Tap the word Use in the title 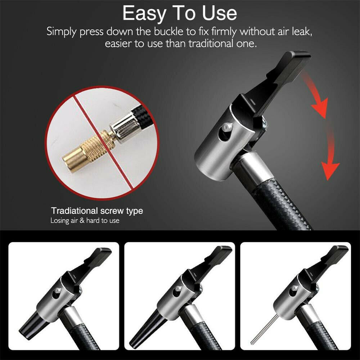coord(219,13)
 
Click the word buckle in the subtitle coord(169,31)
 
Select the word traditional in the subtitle coord(211,44)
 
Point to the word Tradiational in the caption coord(75,211)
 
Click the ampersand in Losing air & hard coord(82,221)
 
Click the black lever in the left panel coord(91,264)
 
